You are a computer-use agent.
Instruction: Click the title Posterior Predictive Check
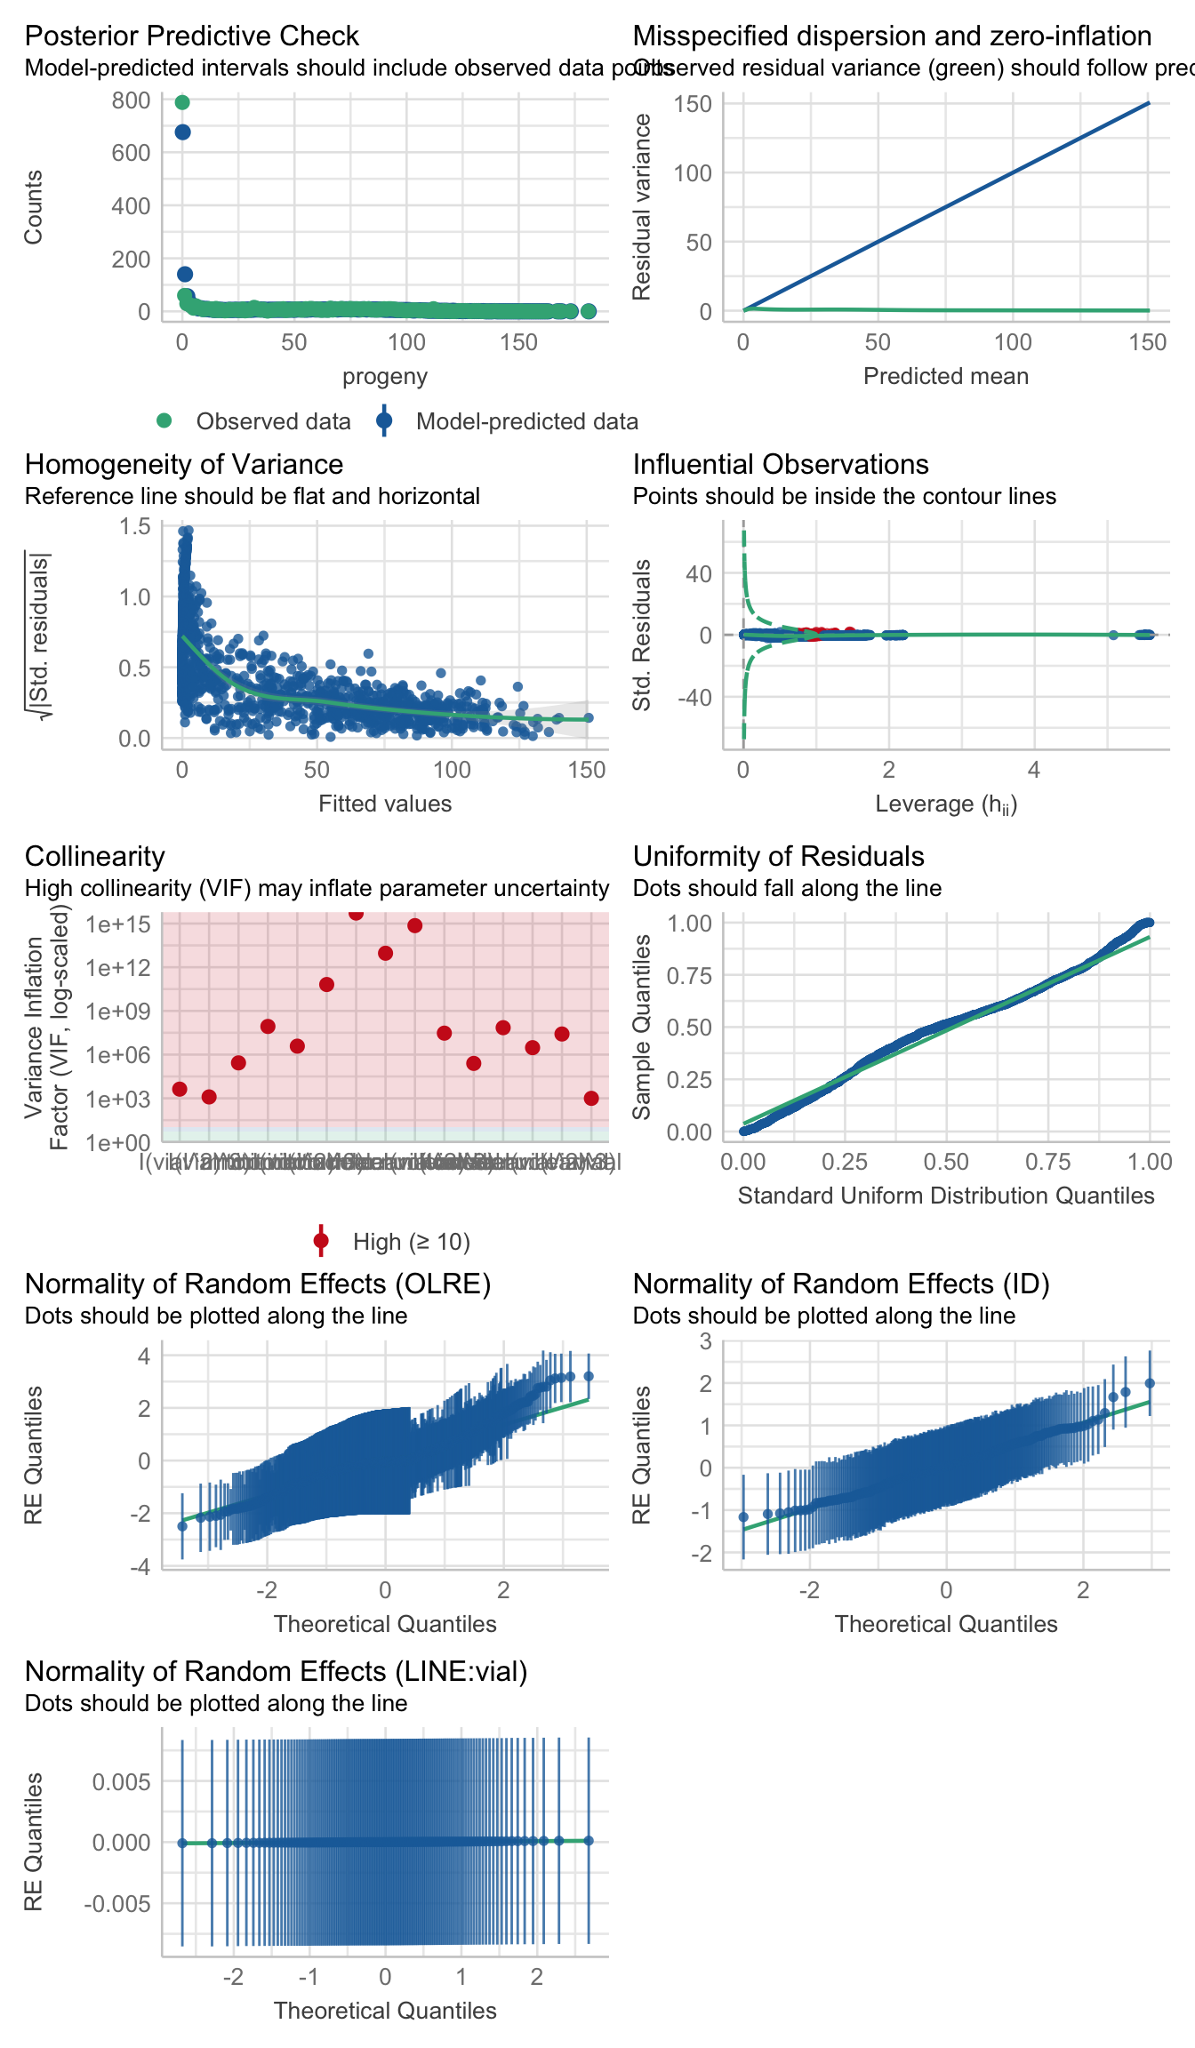[191, 36]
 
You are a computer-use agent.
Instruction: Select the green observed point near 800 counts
[182, 102]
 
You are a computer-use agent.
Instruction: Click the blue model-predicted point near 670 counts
[182, 132]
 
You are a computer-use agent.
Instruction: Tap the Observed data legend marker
[164, 420]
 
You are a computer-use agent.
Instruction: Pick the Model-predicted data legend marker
[384, 420]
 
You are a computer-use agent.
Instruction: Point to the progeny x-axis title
[385, 376]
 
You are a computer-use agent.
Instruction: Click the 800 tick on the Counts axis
[131, 100]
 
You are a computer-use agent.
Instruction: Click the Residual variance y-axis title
[642, 207]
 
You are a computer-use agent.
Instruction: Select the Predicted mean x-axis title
[945, 376]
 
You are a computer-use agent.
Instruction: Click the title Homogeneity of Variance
[184, 464]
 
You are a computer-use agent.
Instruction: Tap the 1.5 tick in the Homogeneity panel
[135, 526]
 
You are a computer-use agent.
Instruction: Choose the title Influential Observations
[781, 464]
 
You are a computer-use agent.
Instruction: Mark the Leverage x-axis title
[945, 804]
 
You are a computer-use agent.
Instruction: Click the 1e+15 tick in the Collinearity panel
[118, 924]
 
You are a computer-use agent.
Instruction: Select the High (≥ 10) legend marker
[321, 1241]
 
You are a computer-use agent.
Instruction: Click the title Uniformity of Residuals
[778, 856]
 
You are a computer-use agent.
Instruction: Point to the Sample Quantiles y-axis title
[642, 1027]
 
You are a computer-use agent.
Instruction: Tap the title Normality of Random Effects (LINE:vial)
[276, 1671]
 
